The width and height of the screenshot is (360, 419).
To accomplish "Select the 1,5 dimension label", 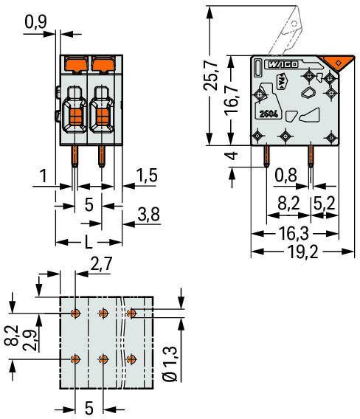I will (x=147, y=176).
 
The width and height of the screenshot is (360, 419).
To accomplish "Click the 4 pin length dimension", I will (x=232, y=156).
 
